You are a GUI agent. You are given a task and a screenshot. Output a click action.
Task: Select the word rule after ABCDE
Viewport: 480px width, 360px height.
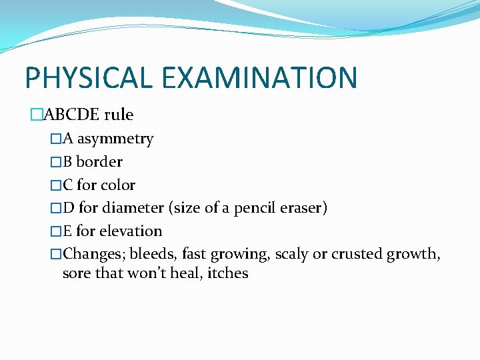click(x=119, y=115)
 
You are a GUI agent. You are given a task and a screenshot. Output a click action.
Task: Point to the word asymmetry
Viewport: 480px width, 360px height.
click(x=115, y=139)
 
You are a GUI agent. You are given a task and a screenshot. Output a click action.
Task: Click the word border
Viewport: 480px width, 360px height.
click(x=99, y=162)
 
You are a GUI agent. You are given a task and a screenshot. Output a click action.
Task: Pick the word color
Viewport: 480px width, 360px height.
click(x=118, y=185)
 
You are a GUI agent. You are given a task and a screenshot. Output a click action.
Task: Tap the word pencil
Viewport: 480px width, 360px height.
click(x=253, y=208)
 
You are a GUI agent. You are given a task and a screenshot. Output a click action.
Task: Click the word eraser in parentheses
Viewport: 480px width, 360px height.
click(x=301, y=208)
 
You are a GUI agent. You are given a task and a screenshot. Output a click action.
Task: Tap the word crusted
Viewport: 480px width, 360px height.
click(x=361, y=254)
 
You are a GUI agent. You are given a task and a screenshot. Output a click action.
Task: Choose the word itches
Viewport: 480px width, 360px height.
click(x=228, y=273)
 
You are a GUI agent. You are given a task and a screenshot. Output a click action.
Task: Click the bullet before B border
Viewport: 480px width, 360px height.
click(x=56, y=162)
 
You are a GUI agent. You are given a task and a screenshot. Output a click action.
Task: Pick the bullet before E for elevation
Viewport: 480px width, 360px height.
click(x=56, y=231)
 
